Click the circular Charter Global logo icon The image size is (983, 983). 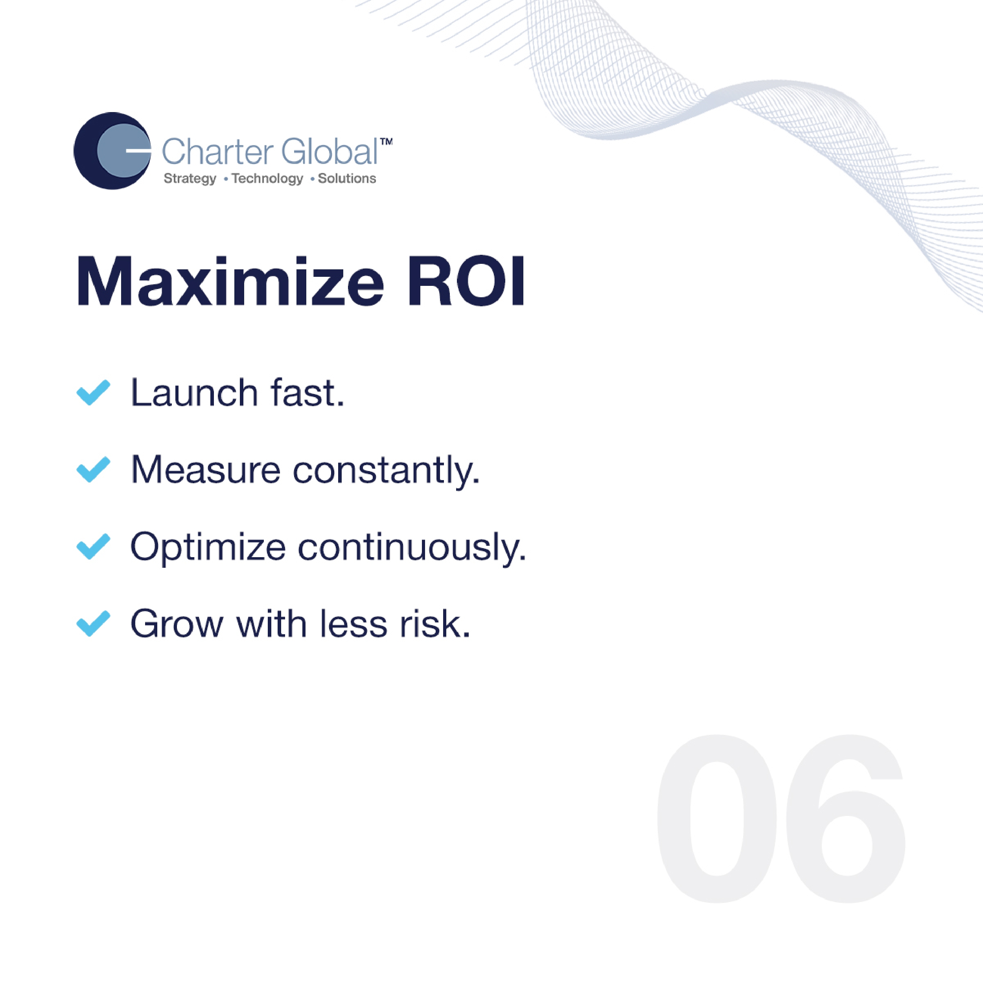click(x=112, y=151)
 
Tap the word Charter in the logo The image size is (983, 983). click(x=217, y=152)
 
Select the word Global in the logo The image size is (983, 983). click(x=329, y=152)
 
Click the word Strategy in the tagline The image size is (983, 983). click(x=190, y=179)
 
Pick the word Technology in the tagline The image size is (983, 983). click(x=267, y=179)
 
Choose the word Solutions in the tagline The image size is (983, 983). click(x=347, y=179)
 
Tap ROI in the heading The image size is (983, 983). click(x=466, y=282)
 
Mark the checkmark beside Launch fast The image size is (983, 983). click(x=93, y=392)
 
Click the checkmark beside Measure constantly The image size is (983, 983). click(x=93, y=469)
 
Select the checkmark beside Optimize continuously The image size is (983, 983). click(x=93, y=547)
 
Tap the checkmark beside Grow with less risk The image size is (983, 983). click(x=93, y=623)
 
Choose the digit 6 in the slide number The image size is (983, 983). click(x=846, y=819)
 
